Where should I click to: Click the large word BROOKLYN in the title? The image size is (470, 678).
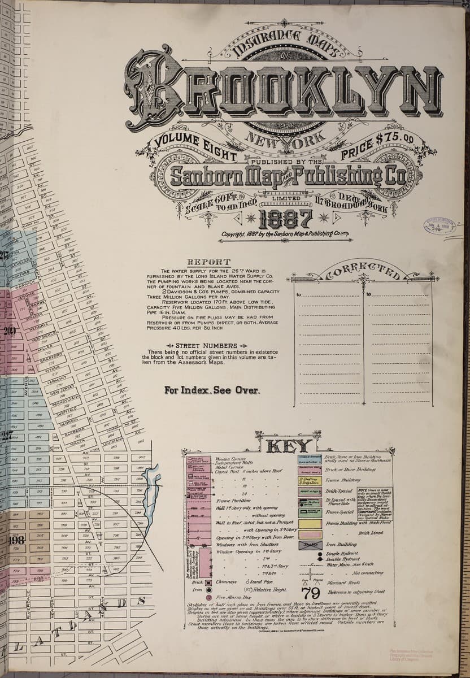pos(277,90)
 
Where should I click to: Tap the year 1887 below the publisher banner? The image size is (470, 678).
pos(290,218)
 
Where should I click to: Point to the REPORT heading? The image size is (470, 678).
pos(209,262)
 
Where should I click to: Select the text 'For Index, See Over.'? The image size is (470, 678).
pos(212,390)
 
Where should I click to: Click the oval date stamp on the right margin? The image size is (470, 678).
pos(434,226)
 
